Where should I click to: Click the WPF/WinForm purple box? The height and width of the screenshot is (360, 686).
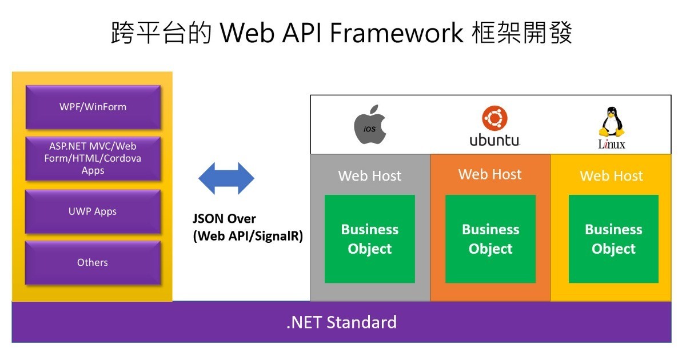pos(93,107)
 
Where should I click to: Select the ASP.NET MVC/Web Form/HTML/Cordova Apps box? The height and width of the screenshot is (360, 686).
pos(93,159)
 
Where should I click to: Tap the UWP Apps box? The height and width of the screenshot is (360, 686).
pos(93,211)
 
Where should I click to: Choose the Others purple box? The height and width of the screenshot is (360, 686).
pos(93,263)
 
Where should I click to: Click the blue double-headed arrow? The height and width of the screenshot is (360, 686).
pos(226,178)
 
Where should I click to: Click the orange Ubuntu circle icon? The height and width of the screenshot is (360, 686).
pos(494,118)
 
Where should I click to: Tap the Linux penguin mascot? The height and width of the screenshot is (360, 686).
pos(612,122)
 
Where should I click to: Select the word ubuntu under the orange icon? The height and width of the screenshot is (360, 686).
pos(494,140)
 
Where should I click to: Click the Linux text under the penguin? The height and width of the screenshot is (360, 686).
pos(612,144)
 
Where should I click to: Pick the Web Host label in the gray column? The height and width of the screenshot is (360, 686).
pos(370,176)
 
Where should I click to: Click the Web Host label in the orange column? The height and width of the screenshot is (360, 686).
pos(490,174)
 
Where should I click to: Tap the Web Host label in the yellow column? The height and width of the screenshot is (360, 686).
pos(611,176)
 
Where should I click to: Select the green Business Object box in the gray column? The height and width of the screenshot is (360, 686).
pos(370,239)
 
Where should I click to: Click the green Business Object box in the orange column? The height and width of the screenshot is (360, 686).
pos(490,239)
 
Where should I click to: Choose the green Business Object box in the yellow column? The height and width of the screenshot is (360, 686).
pos(613,239)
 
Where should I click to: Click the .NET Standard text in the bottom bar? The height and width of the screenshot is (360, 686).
pos(341,322)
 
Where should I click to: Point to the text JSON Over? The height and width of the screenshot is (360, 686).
pos(224,218)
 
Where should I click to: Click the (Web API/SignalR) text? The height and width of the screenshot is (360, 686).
pos(248,236)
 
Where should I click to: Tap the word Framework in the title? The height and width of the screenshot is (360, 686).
pos(397,33)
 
